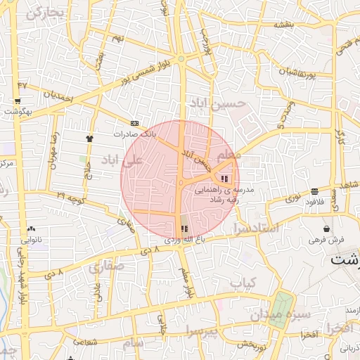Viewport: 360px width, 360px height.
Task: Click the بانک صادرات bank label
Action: tap(134, 133)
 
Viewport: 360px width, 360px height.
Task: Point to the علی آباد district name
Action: tap(122, 160)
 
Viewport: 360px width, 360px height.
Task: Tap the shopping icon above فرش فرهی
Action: tap(326, 229)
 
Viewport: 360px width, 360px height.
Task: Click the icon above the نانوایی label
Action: tap(31, 229)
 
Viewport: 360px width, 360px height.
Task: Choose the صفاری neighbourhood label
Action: tap(106, 266)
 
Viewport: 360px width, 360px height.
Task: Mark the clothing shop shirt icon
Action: tap(89, 139)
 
